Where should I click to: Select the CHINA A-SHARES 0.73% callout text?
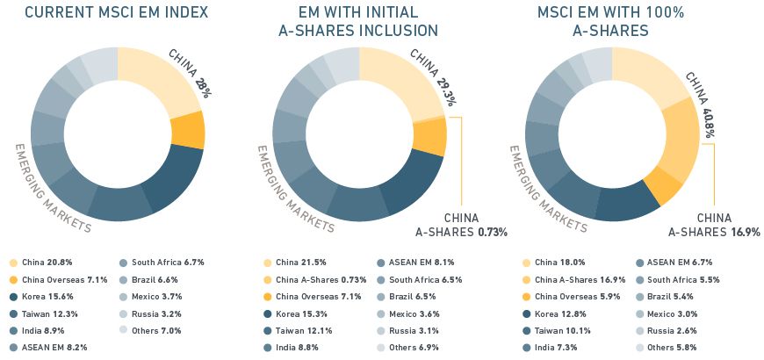(x=461, y=225)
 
